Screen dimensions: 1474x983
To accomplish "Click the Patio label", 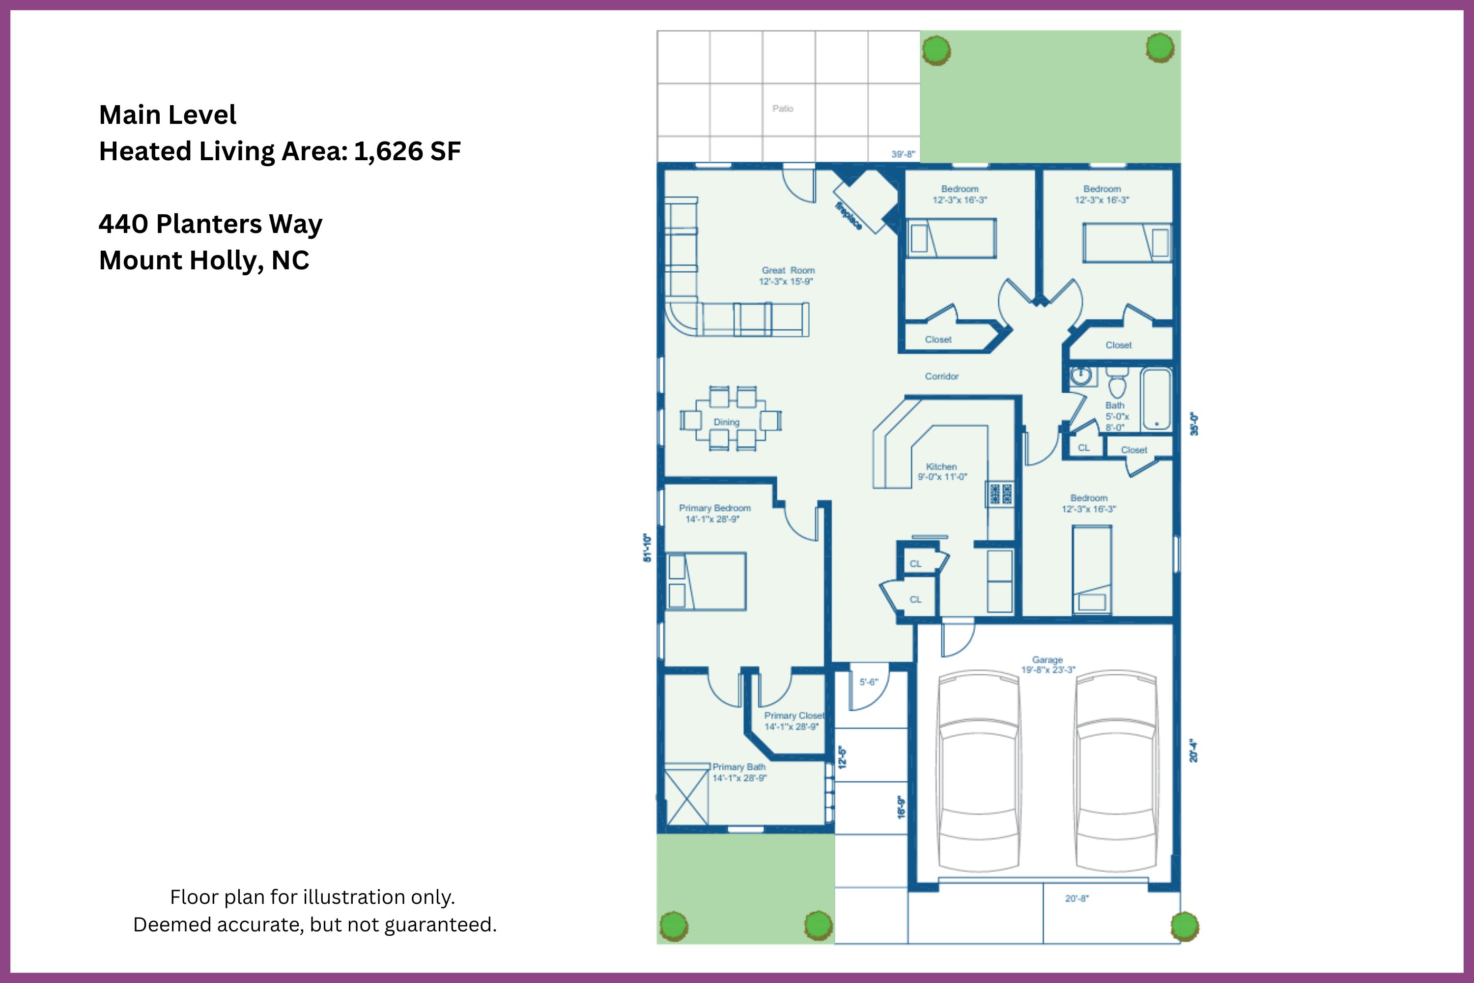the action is pos(783,109).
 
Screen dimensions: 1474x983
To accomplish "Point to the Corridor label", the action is pos(942,376).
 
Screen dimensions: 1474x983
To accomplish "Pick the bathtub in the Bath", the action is pos(1156,399).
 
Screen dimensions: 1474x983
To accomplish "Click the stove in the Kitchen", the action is pos(1000,493).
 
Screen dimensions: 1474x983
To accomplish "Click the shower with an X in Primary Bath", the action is pos(687,794).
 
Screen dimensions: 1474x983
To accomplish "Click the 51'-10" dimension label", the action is pos(648,548).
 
